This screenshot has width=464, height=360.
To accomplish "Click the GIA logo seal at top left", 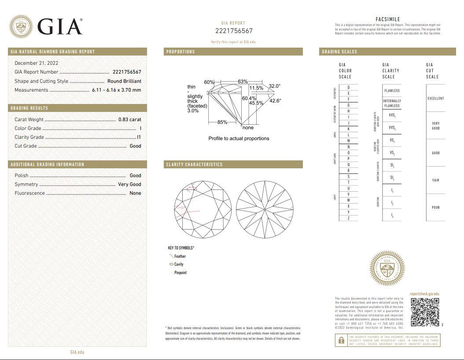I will [21, 26].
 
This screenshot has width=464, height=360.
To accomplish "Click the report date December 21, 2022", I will [36, 63].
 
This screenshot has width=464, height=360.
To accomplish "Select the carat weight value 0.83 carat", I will [129, 119].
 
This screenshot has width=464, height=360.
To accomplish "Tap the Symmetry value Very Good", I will [129, 184].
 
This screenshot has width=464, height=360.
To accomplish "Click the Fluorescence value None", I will [135, 193].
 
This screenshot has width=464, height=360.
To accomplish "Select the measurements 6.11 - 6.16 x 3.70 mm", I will [116, 90].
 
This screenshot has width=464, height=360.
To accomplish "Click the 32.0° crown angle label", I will [274, 86].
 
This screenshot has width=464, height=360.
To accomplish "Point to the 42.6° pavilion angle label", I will [275, 100].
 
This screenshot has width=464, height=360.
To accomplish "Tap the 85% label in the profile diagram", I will [222, 122].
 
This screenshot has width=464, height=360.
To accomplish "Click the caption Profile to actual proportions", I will [239, 138].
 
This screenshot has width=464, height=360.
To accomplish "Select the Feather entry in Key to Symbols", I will [180, 256].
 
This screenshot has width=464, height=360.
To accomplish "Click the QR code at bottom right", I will [425, 312].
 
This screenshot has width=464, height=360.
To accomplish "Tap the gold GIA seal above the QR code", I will [387, 268].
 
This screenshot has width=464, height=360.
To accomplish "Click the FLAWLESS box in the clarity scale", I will [392, 91].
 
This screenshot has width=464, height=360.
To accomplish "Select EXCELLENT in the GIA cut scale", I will [435, 98].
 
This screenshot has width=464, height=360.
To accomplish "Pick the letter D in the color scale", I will [349, 88].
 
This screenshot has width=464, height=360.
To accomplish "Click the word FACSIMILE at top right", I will [388, 19].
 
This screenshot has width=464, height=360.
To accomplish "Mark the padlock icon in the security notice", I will [341, 340].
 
